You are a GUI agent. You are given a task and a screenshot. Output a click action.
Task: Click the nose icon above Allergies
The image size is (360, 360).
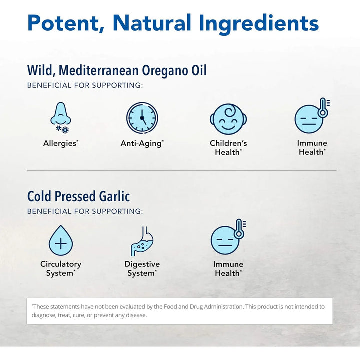click(61, 118)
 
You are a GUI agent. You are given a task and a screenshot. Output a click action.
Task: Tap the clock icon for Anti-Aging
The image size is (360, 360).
click(142, 118)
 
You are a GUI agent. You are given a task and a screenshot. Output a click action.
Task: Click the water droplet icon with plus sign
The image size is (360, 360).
click(61, 240)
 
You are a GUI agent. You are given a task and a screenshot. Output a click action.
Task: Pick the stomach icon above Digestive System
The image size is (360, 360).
click(142, 241)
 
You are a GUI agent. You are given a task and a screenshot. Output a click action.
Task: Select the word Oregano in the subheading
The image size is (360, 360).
click(160, 70)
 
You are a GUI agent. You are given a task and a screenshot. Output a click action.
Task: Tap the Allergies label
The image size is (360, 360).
click(60, 143)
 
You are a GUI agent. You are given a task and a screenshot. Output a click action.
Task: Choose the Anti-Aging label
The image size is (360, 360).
click(142, 143)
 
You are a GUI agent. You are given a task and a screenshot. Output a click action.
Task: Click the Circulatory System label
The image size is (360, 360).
click(61, 269)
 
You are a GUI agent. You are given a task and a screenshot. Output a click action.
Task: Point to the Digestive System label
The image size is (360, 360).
click(142, 269)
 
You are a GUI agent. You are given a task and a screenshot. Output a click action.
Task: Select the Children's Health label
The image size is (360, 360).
click(228, 147)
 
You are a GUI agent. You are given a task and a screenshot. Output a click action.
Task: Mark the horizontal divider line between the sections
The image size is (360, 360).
click(181, 170)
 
